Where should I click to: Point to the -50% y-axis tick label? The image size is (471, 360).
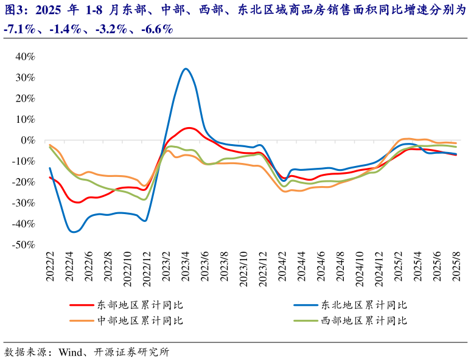[23, 244]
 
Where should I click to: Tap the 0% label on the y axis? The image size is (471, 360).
[27, 140]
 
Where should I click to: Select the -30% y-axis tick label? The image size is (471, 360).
[23, 202]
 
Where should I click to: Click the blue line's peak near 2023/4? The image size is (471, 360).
[186, 69]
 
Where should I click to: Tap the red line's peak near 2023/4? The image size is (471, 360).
[189, 128]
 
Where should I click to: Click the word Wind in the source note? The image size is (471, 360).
[70, 352]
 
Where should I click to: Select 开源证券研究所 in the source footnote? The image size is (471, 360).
[131, 352]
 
